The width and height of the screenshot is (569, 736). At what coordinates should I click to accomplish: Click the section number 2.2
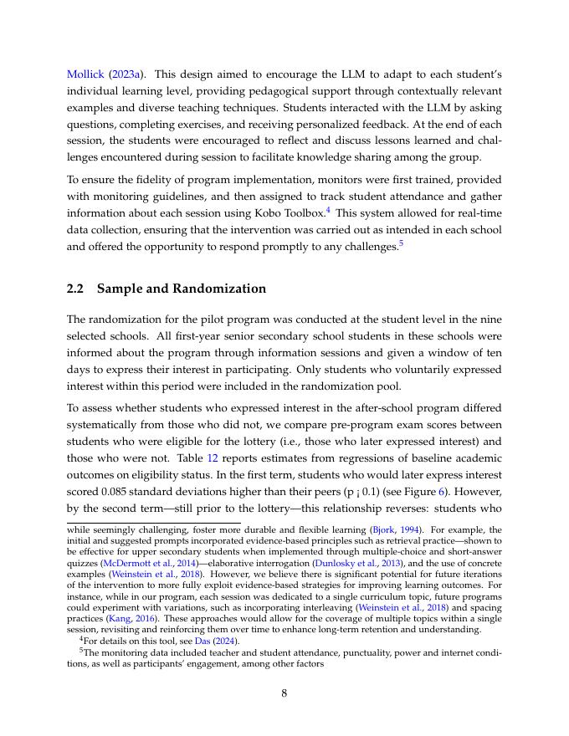click(x=76, y=289)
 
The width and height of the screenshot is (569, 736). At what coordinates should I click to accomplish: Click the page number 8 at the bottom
click(x=284, y=693)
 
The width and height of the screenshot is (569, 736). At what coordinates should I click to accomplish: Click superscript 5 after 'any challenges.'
click(x=402, y=243)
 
